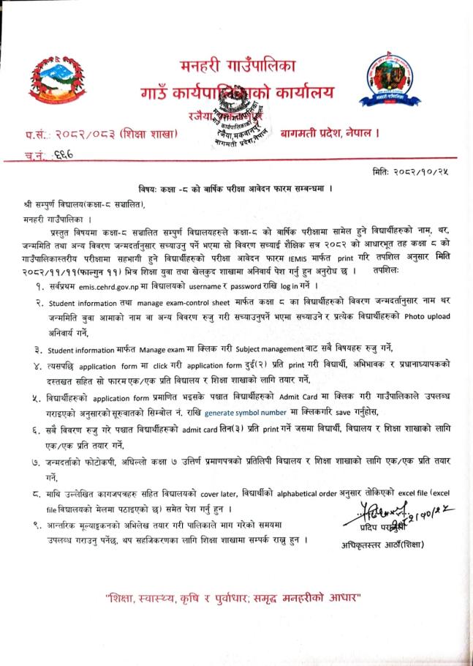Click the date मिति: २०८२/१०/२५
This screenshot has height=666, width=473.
point(414,171)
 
